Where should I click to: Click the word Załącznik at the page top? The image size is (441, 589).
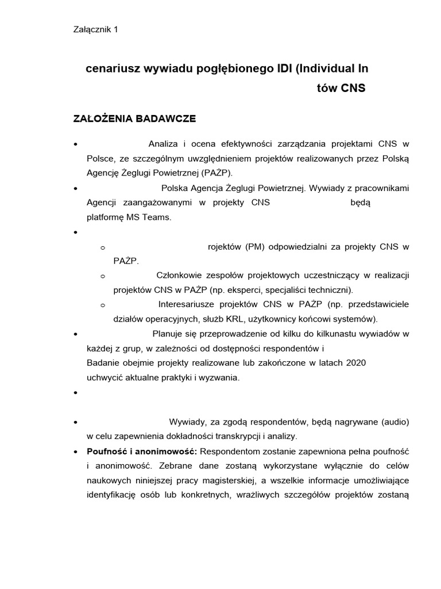click(91, 30)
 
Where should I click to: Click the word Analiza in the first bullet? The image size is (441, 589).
click(163, 143)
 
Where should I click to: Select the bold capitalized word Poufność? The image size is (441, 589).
click(109, 450)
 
